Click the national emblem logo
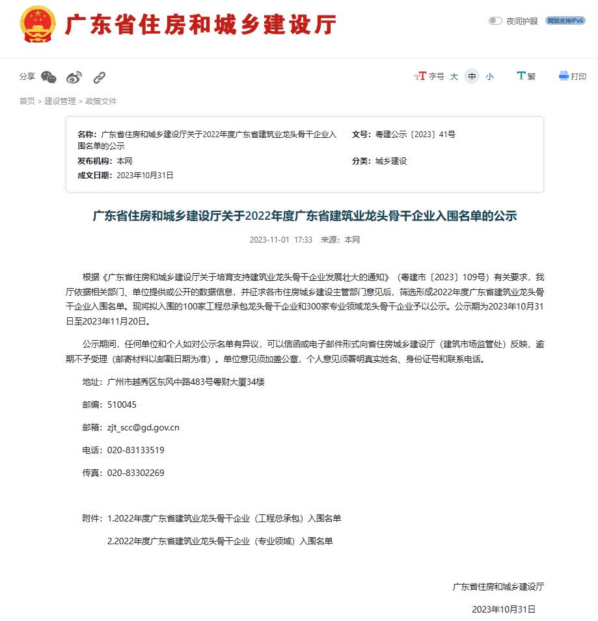[38, 25]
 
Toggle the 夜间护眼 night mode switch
[495, 21]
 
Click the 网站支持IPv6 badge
[565, 21]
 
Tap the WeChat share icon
[49, 77]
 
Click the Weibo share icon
[74, 77]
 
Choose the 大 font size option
[454, 77]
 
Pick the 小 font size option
[489, 77]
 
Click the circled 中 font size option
[472, 77]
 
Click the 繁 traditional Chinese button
[526, 76]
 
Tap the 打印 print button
[573, 76]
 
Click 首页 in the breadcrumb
[27, 101]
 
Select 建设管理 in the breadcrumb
[60, 101]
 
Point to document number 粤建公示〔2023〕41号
[415, 135]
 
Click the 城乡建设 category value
[391, 161]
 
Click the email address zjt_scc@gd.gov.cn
[143, 428]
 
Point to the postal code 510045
[122, 404]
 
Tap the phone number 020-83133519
[135, 450]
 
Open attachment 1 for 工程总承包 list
[224, 518]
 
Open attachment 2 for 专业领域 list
[220, 541]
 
